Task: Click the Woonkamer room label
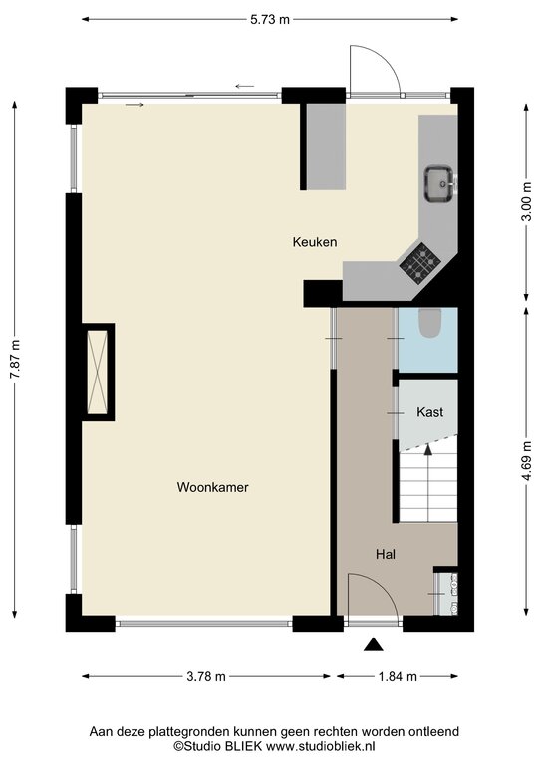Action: pyautogui.click(x=212, y=487)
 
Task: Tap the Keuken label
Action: pyautogui.click(x=315, y=242)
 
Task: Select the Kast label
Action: pyautogui.click(x=429, y=412)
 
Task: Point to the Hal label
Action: pyautogui.click(x=386, y=554)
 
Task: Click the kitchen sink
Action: pyautogui.click(x=440, y=184)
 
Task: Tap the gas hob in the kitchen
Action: pyautogui.click(x=419, y=264)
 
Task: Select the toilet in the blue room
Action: pyautogui.click(x=429, y=324)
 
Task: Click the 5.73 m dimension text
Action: pyautogui.click(x=270, y=20)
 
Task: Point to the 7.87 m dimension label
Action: pyautogui.click(x=15, y=359)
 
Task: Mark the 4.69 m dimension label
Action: pyautogui.click(x=526, y=460)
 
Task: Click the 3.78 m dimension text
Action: pyautogui.click(x=206, y=676)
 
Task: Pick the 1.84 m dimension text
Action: pyautogui.click(x=398, y=676)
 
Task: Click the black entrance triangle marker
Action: pyautogui.click(x=374, y=644)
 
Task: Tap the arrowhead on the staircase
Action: pyautogui.click(x=428, y=449)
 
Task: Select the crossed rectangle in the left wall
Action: pyautogui.click(x=97, y=372)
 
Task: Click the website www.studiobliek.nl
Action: pyautogui.click(x=320, y=746)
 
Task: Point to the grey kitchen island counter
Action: pyautogui.click(x=326, y=146)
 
